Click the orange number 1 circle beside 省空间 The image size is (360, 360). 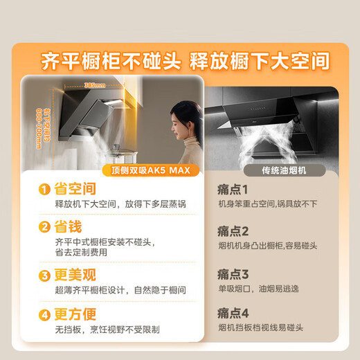(44, 189)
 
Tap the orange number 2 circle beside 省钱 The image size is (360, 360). (44, 227)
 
